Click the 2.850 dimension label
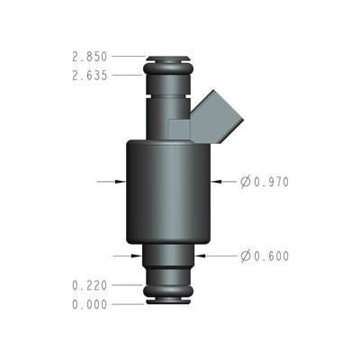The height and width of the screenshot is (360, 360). pyautogui.click(x=90, y=56)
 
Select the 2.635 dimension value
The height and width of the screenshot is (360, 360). pyautogui.click(x=90, y=76)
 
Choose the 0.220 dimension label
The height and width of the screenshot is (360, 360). pyautogui.click(x=90, y=285)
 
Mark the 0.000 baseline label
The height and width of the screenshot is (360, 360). pyautogui.click(x=90, y=304)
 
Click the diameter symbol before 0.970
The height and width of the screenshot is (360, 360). pyautogui.click(x=246, y=182)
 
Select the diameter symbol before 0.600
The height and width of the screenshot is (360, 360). pyautogui.click(x=246, y=256)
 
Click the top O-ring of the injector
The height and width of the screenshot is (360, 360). pyautogui.click(x=168, y=65)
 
